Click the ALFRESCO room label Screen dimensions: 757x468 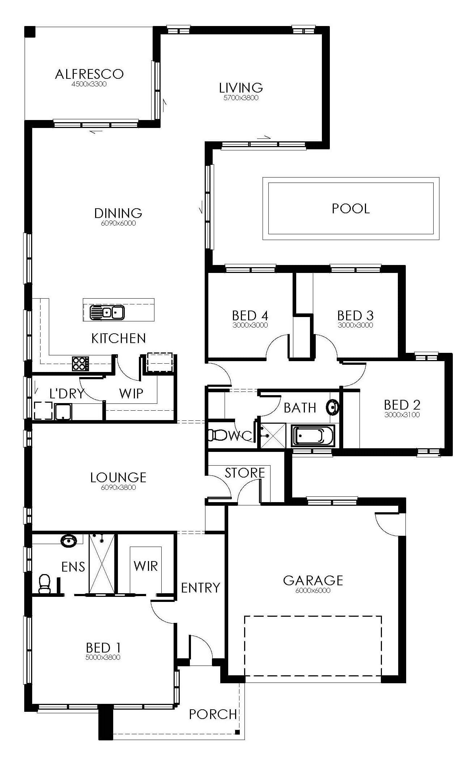point(89,74)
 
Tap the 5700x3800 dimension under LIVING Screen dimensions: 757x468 point(241,98)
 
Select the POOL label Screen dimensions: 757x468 point(351,209)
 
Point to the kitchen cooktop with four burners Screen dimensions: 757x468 point(80,363)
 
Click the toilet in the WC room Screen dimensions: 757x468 point(216,435)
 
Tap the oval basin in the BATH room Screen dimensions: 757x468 point(332,407)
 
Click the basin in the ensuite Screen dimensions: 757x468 point(68,541)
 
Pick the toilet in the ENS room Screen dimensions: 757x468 point(45,583)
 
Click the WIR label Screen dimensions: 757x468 point(146,566)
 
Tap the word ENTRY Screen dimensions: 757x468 point(201,588)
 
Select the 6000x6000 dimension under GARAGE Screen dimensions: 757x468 point(313,591)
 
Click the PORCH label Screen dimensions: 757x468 point(213,714)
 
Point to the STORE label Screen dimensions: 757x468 point(245,473)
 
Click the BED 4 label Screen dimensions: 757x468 point(250,316)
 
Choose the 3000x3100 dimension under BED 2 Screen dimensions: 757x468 point(402,415)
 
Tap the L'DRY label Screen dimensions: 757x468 point(67,394)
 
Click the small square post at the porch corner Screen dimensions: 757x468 point(237,732)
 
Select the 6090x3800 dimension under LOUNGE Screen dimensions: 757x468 point(118,487)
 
